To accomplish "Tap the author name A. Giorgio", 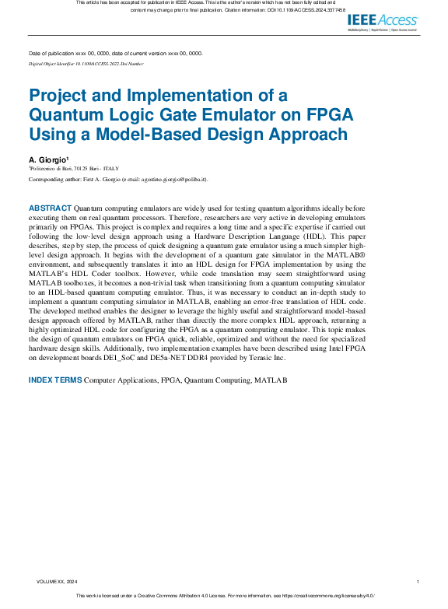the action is (x=50, y=159).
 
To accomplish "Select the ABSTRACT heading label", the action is (x=50, y=208).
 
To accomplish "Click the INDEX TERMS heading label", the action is (x=54, y=380).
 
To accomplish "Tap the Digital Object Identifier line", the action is (x=86, y=61).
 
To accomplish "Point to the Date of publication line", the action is (x=116, y=53).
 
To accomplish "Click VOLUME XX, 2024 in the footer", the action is (x=57, y=582).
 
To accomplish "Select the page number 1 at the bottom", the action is (x=418, y=582).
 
